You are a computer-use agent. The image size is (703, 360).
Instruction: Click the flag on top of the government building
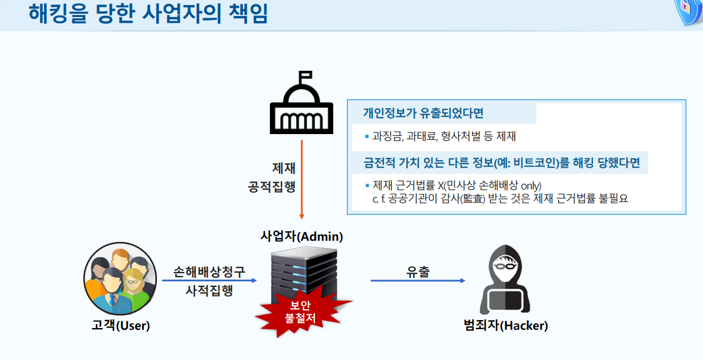pos(306,75)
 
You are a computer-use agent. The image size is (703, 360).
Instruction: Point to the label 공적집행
pos(272,187)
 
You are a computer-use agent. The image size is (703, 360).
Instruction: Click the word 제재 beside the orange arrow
pos(284,168)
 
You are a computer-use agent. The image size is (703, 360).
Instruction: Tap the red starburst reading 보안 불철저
pos(300,313)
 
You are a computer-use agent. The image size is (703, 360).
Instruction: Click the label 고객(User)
pos(120,326)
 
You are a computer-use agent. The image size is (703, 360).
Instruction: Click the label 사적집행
pos(209,290)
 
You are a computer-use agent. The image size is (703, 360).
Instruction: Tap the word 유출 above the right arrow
pos(418,272)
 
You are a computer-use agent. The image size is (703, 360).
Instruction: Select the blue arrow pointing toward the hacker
pos(418,281)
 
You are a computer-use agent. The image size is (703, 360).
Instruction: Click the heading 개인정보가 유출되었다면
pos(423,113)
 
